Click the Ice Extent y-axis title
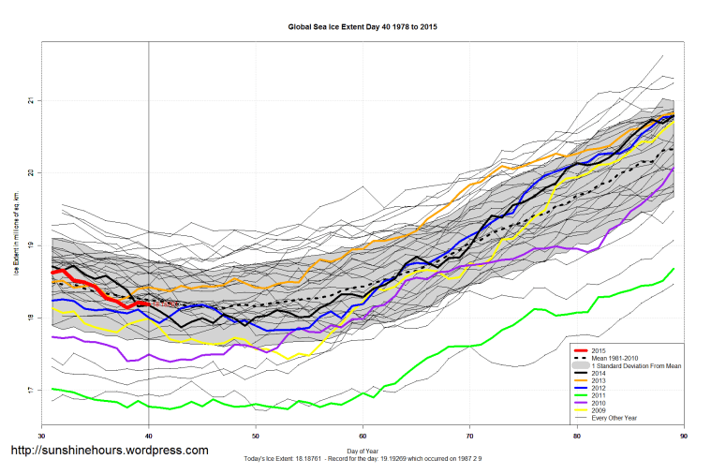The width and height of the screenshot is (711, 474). tap(16, 245)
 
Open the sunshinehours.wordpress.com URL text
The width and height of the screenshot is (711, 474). tap(109, 451)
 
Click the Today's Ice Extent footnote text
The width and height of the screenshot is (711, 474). tap(363, 460)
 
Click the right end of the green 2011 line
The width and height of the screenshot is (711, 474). tap(674, 269)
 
